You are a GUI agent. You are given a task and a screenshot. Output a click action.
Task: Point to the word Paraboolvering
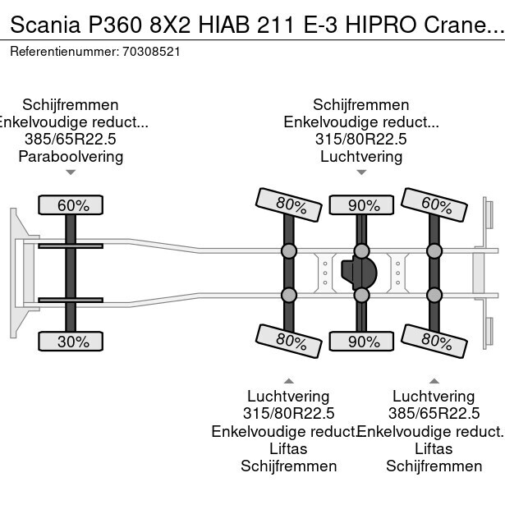pos(71,156)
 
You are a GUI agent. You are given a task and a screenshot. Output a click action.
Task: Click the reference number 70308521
pos(151,51)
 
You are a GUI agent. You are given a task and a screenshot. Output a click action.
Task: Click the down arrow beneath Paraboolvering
pos(71,172)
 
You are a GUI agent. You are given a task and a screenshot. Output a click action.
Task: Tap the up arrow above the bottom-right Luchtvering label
pos(434,380)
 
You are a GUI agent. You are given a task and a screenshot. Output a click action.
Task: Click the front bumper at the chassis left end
pos(17,271)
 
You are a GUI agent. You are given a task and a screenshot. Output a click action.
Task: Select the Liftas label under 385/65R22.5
pos(434,448)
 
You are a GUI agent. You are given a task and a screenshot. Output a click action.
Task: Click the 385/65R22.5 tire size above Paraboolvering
pos(71,139)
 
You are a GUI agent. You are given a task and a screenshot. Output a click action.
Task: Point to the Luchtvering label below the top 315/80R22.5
pos(361,156)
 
